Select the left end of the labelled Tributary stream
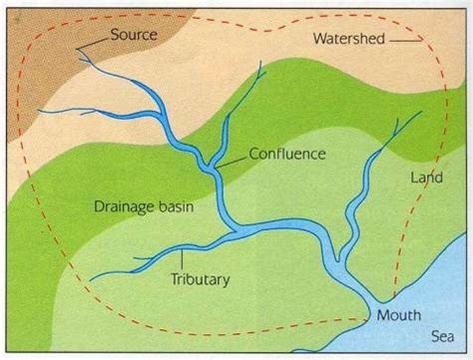tap(92, 278)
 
